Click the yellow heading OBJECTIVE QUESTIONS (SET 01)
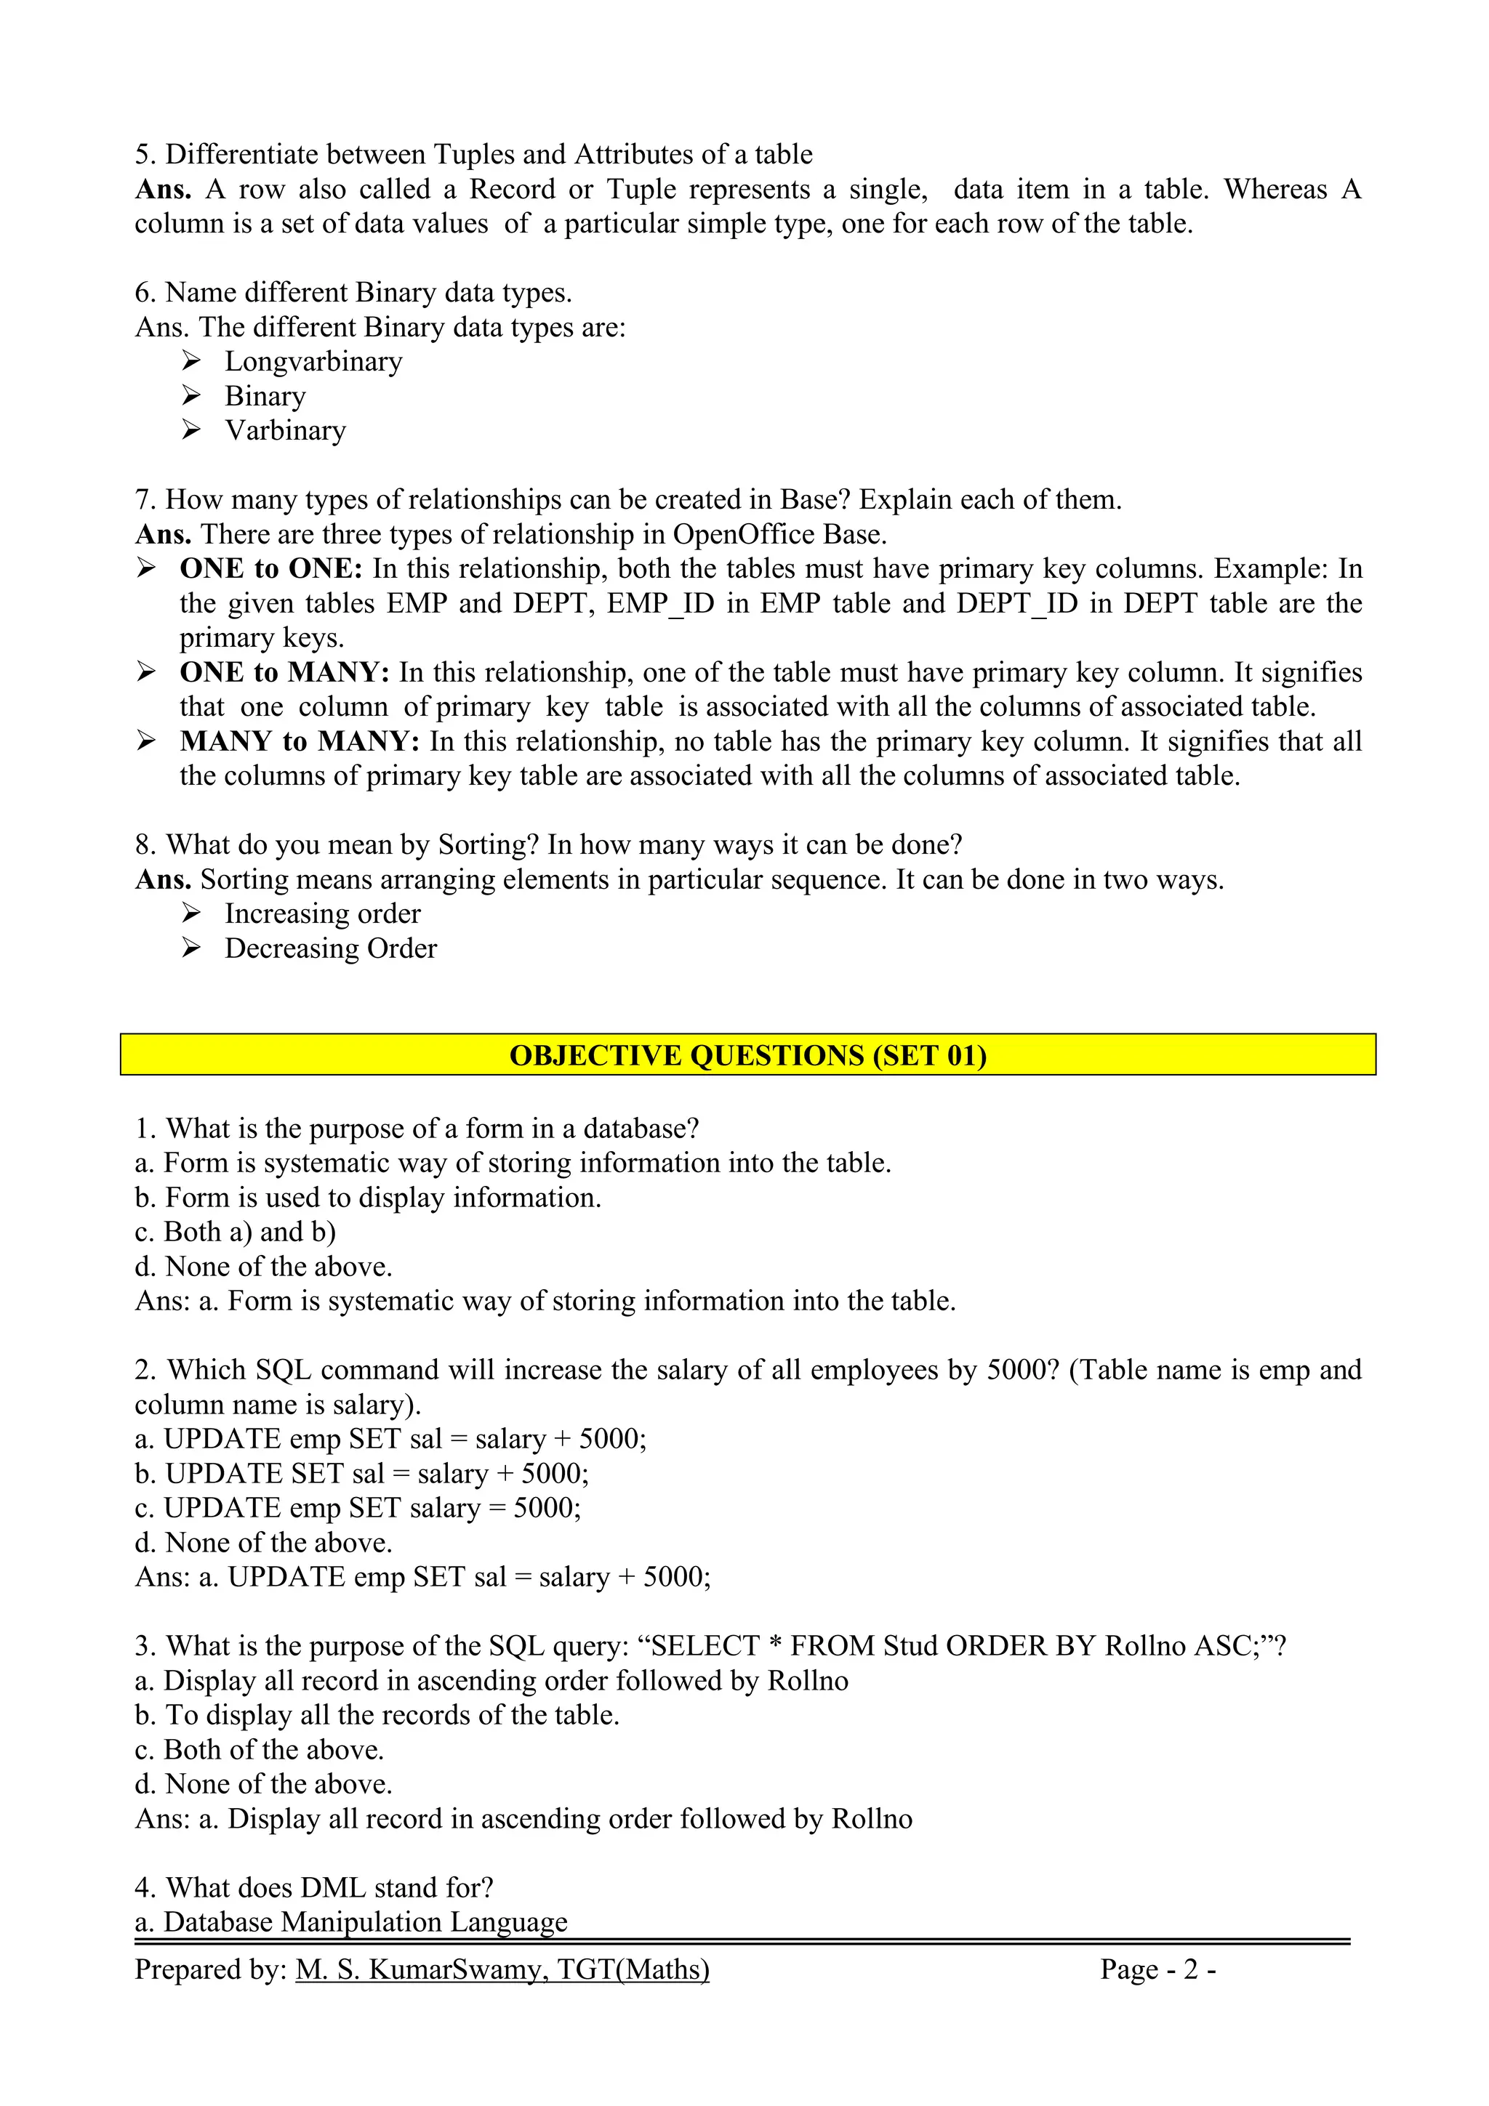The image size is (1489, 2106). (x=747, y=1055)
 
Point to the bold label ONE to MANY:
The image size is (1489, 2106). (x=284, y=672)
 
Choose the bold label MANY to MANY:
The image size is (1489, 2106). (x=299, y=741)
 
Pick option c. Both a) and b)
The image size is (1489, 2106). (x=235, y=1232)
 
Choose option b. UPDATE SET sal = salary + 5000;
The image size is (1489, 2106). (x=361, y=1473)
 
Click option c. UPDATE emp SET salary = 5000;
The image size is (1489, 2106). (x=358, y=1508)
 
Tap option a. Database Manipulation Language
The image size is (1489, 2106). (x=350, y=1921)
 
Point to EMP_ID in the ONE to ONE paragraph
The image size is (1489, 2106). (x=661, y=604)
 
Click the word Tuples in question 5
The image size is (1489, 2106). (x=473, y=154)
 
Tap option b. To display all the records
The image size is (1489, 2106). (x=377, y=1714)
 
